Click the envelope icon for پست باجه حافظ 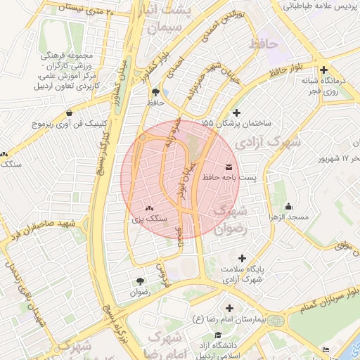click(229, 166)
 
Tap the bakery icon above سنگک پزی click(148, 208)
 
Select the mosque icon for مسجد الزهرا click(288, 207)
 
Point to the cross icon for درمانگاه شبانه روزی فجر click(323, 70)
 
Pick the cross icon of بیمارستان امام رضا click(230, 308)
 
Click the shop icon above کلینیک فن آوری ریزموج click(68, 112)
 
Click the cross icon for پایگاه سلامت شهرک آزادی click(243, 258)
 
